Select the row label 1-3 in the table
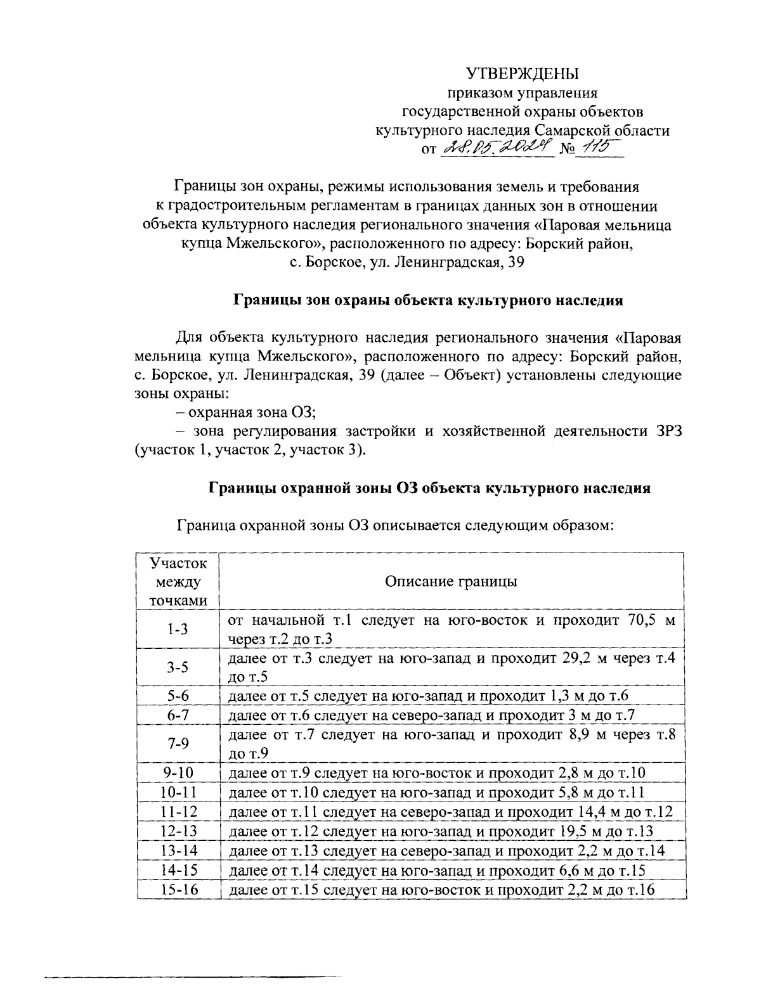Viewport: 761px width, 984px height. coord(178,629)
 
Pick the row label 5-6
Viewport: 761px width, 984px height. coord(178,696)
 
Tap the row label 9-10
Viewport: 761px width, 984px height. coord(178,772)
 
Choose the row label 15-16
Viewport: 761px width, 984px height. coord(178,890)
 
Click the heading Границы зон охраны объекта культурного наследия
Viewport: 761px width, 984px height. coord(428,300)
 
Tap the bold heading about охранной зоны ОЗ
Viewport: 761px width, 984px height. coord(429,488)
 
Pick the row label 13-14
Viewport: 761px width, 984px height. coord(178,850)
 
